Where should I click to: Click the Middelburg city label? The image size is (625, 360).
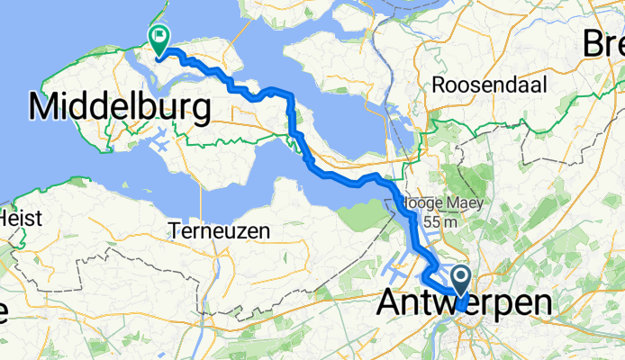(120, 108)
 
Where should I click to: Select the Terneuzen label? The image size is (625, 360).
(219, 231)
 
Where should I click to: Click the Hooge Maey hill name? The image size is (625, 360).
(443, 204)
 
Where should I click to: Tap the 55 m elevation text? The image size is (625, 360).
(445, 222)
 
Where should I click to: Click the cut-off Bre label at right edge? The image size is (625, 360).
(603, 42)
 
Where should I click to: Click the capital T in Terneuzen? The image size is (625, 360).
(173, 231)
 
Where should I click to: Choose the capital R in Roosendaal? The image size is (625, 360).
(439, 85)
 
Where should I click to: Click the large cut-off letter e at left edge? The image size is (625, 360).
(3, 311)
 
